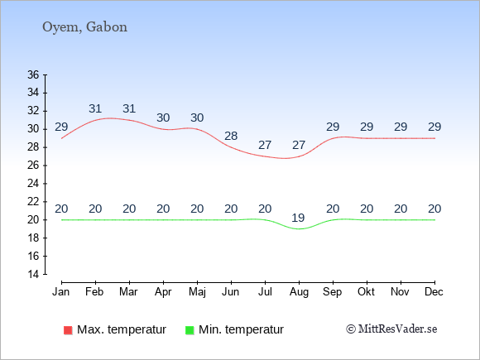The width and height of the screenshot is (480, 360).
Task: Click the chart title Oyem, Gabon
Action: pyautogui.click(x=84, y=27)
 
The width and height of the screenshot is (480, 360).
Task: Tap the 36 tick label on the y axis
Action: pyautogui.click(x=33, y=74)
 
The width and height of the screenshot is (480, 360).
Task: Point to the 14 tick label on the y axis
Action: pyautogui.click(x=33, y=274)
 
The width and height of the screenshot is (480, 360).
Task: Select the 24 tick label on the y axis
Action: pyautogui.click(x=33, y=184)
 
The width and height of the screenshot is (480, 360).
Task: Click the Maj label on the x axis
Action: pyautogui.click(x=197, y=292)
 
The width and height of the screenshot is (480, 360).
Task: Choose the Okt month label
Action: pyautogui.click(x=366, y=292)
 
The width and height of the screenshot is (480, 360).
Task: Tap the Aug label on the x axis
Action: pyautogui.click(x=299, y=292)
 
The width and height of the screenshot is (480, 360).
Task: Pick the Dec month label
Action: pyautogui.click(x=434, y=292)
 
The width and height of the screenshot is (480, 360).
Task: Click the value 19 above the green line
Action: pyautogui.click(x=298, y=218)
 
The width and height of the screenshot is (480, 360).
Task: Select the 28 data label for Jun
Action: pyautogui.click(x=231, y=136)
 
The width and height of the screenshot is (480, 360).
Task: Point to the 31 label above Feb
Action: pyautogui.click(x=95, y=108)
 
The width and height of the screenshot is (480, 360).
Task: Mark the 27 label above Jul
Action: pyautogui.click(x=265, y=145)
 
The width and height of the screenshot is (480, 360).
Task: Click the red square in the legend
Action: pyautogui.click(x=68, y=330)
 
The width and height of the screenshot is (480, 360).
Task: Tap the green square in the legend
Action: pyautogui.click(x=190, y=330)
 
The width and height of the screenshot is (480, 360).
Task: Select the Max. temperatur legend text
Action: pyautogui.click(x=122, y=329)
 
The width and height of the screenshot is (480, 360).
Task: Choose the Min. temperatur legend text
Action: pyautogui.click(x=241, y=329)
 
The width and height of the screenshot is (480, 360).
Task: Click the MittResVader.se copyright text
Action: pyautogui.click(x=391, y=329)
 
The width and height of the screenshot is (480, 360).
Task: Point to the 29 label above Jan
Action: pyautogui.click(x=61, y=127)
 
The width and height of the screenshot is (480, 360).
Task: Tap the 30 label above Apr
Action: pyautogui.click(x=163, y=118)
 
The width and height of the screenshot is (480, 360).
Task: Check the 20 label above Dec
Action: pyautogui.click(x=434, y=209)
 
